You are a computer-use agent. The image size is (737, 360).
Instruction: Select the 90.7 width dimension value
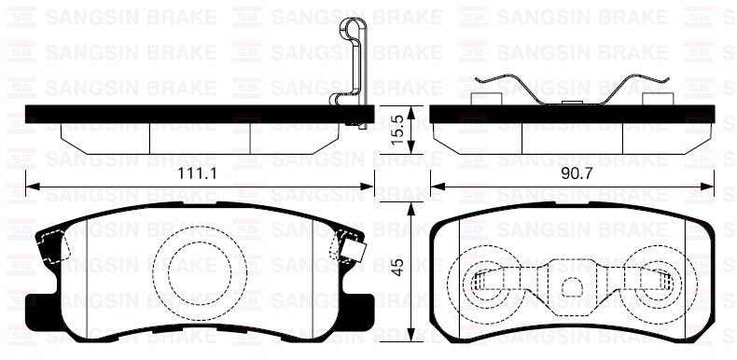[574, 174]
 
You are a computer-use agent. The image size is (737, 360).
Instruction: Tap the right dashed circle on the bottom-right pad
[658, 281]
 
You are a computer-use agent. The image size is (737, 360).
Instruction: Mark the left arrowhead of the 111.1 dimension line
[30, 187]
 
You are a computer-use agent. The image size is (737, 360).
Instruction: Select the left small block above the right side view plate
[486, 99]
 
